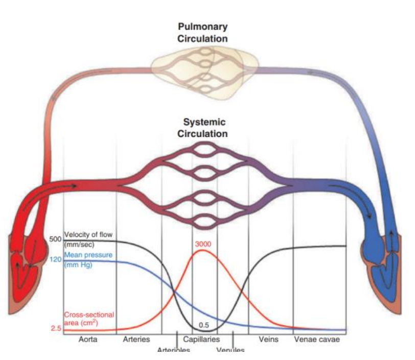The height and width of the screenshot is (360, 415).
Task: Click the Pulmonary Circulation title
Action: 202,32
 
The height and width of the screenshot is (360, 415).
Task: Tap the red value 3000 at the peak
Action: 203,244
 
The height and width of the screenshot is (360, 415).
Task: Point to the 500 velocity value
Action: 55,239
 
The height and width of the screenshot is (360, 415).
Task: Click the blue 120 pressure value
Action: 55,259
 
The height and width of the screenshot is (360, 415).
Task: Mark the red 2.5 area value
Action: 56,329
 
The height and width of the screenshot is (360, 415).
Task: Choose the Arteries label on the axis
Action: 136,339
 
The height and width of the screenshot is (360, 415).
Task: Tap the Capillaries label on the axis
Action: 201,339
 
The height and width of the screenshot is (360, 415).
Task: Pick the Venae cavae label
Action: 317,339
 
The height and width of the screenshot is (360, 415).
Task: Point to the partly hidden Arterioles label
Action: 174,350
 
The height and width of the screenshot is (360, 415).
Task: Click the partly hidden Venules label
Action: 230,350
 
